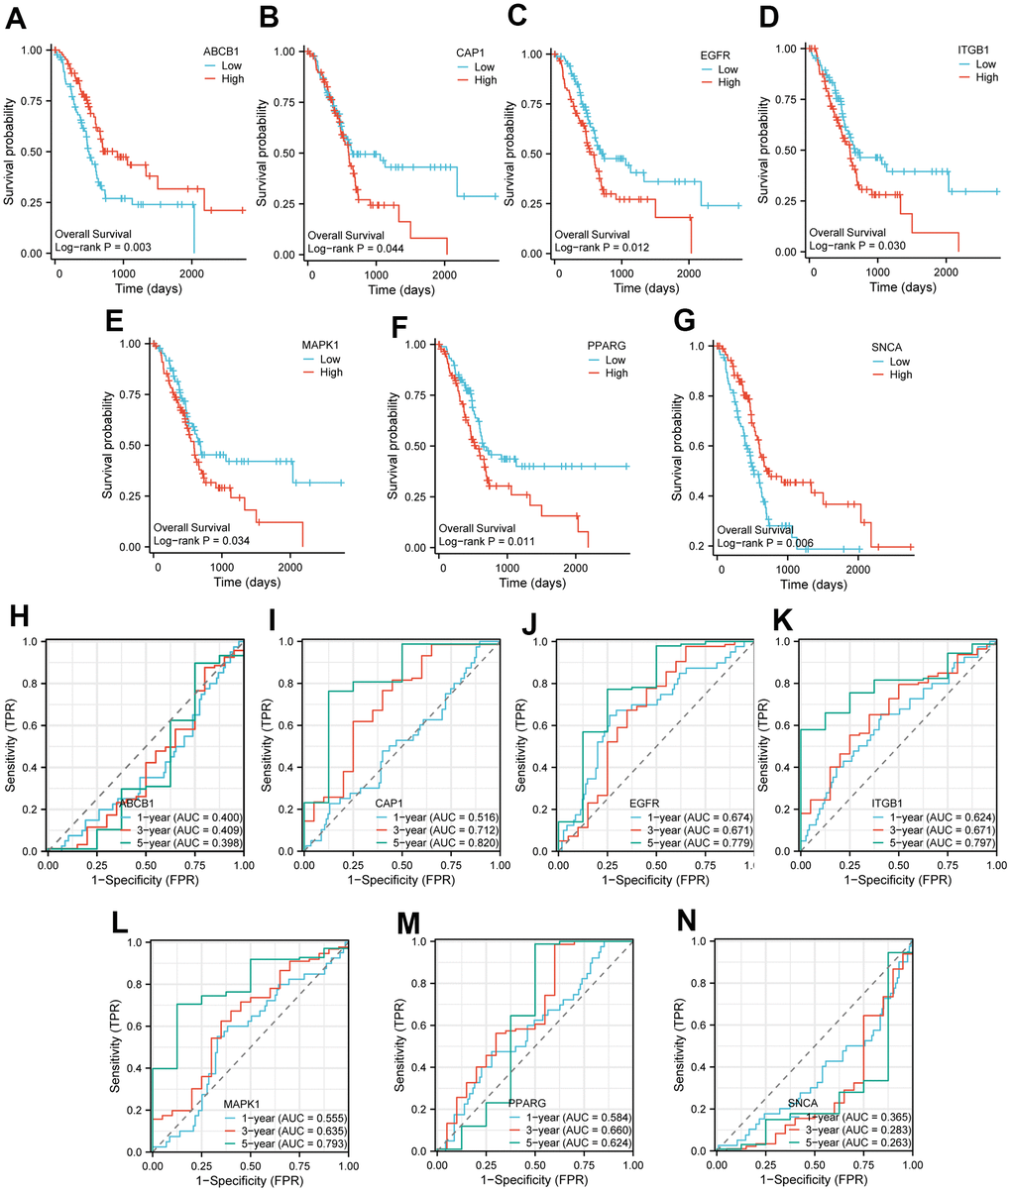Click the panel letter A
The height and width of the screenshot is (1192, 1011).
[18, 17]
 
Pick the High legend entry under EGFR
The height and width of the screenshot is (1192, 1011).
[729, 82]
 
